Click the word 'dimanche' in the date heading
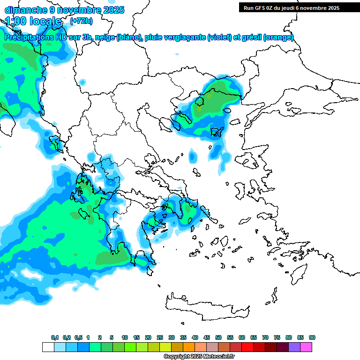coord(23,10)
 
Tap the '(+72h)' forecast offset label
coord(81,21)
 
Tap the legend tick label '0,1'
coord(54,337)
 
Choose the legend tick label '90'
coord(312,337)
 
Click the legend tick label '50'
coord(218,337)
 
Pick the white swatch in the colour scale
coord(48,347)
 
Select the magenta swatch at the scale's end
coord(306,347)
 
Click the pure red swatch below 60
coord(247,347)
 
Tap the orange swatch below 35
coord(189,347)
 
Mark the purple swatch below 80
coord(294,347)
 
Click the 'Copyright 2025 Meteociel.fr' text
coord(199,356)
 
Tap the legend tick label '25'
coord(160,337)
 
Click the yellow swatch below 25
coord(165,347)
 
